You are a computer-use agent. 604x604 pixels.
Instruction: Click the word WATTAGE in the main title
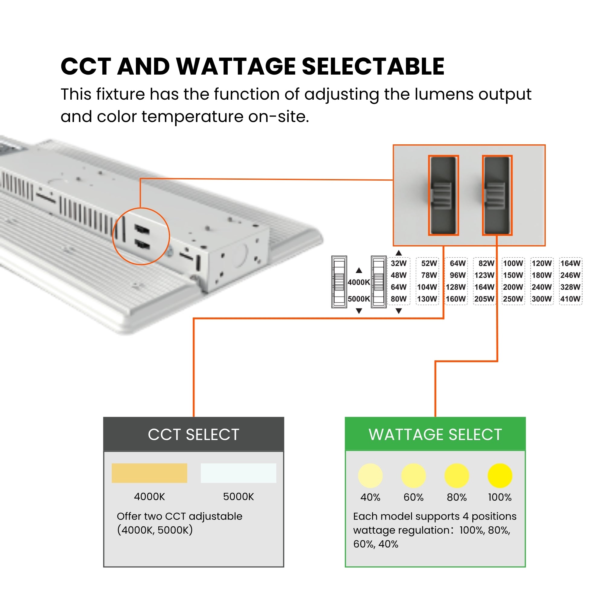pyautogui.click(x=236, y=66)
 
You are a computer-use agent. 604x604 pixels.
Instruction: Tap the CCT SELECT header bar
pyautogui.click(x=194, y=435)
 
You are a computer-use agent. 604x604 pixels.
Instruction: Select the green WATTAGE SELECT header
pyautogui.click(x=435, y=435)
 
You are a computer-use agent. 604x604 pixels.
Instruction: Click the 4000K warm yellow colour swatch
pyautogui.click(x=149, y=473)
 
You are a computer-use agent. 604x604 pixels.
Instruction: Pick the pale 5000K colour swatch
pyautogui.click(x=238, y=473)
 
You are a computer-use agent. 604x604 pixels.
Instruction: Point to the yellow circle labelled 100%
pyautogui.click(x=500, y=476)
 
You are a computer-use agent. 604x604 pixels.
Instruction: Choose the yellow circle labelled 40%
pyautogui.click(x=370, y=476)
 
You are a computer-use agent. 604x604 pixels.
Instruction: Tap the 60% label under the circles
pyautogui.click(x=413, y=497)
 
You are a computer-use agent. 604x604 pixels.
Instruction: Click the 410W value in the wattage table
pyautogui.click(x=570, y=299)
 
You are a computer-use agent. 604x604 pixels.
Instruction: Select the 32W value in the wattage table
pyautogui.click(x=399, y=263)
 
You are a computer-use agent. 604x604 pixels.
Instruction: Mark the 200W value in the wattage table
pyautogui.click(x=513, y=287)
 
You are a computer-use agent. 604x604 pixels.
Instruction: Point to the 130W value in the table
pyautogui.click(x=427, y=299)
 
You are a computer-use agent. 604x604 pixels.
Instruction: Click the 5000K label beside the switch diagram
pyautogui.click(x=358, y=299)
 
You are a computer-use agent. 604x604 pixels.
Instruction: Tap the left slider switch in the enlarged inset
pyautogui.click(x=443, y=195)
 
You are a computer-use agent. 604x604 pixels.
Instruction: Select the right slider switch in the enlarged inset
pyautogui.click(x=497, y=195)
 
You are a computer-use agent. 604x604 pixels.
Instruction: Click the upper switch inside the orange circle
pyautogui.click(x=142, y=229)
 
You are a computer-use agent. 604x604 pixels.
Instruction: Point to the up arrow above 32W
pyautogui.click(x=399, y=253)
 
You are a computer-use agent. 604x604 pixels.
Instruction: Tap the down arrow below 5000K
pyautogui.click(x=359, y=311)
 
